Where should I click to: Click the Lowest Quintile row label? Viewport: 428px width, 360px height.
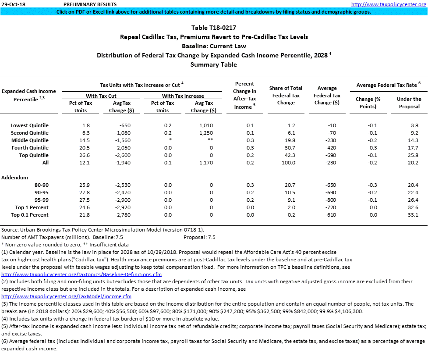[x=30, y=125]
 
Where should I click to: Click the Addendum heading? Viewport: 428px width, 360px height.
[x=15, y=178]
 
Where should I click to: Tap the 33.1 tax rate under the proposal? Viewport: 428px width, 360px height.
[x=413, y=215]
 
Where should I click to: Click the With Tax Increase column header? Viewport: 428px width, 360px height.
[x=183, y=96]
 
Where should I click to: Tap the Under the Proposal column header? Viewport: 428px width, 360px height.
[x=409, y=103]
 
